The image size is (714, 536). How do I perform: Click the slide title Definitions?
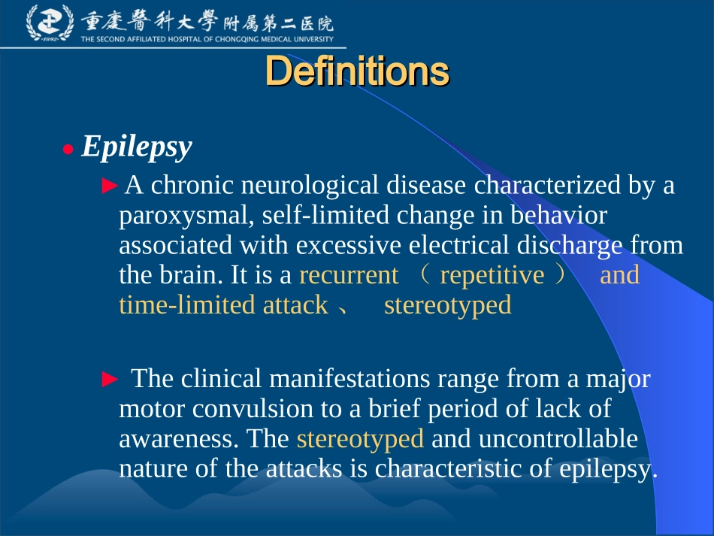coord(357,72)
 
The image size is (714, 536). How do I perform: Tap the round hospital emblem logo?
coord(50,23)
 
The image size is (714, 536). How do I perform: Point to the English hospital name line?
coord(207,40)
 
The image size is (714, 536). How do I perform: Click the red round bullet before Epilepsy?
coord(68,150)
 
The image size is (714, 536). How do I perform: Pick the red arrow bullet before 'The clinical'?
coord(110,380)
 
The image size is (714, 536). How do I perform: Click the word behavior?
coord(558,215)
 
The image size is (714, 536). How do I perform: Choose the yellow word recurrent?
coord(349,275)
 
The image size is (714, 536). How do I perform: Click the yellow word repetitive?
coord(492,275)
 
